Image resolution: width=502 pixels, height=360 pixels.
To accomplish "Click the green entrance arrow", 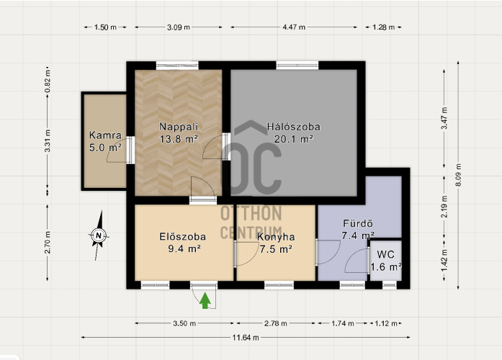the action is [205, 301].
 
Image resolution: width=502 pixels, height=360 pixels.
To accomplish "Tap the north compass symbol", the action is [99, 236].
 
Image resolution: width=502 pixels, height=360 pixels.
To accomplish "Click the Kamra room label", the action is [105, 135].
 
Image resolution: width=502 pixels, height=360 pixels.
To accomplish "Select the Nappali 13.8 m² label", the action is [179, 132].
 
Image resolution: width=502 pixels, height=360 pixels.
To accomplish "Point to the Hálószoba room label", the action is [294, 127].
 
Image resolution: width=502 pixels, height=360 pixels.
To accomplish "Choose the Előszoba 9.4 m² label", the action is [183, 243].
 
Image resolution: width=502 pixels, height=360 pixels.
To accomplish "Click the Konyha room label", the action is [276, 237].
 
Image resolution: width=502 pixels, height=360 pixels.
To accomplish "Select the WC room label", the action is [385, 255].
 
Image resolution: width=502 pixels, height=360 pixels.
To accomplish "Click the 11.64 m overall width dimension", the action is [246, 337].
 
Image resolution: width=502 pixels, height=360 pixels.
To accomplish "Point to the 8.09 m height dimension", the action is [458, 175].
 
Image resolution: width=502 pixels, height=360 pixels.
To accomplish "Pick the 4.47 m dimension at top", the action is [294, 27].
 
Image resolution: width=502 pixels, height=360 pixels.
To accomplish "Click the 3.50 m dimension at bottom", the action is [184, 323].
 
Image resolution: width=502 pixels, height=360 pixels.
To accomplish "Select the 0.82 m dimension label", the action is [48, 81].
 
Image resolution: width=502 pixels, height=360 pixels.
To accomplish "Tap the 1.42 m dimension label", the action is [444, 259].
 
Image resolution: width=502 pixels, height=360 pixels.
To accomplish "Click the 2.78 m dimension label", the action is [275, 323].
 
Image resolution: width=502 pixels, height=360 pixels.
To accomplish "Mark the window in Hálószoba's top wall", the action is [297, 66].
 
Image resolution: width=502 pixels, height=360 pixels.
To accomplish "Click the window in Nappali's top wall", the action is [177, 66].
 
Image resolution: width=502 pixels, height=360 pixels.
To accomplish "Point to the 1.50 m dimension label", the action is [105, 27].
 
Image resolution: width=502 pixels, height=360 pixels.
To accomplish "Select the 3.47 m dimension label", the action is [444, 118].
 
